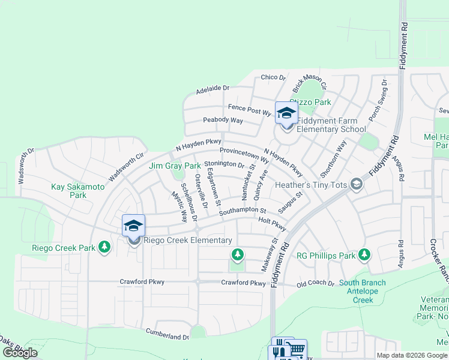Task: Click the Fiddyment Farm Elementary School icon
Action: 286,113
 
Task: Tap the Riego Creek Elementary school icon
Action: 133,227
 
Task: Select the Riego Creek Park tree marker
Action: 104,247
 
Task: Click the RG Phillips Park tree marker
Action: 364,256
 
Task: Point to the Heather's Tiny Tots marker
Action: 357,184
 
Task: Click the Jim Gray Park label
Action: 175,166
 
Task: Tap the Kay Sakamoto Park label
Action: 78,191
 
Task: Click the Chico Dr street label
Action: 273,77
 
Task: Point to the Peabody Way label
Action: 223,121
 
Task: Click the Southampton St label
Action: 243,211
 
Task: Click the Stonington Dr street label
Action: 224,164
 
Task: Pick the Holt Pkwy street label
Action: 271,222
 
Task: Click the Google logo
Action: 20,353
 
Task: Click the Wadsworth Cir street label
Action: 127,169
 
